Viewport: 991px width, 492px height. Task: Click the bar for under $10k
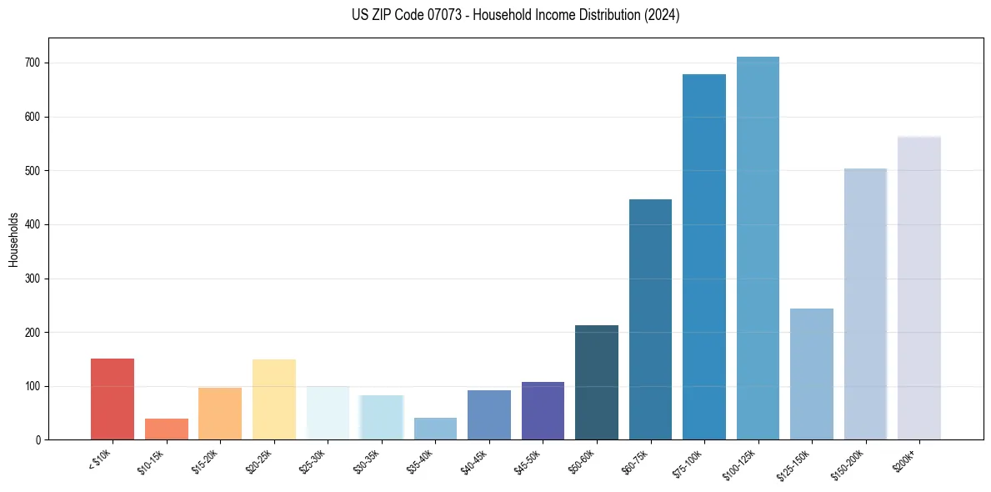pos(113,399)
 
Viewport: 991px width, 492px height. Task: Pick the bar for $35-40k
pos(435,429)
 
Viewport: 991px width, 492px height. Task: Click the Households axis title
pos(13,239)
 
